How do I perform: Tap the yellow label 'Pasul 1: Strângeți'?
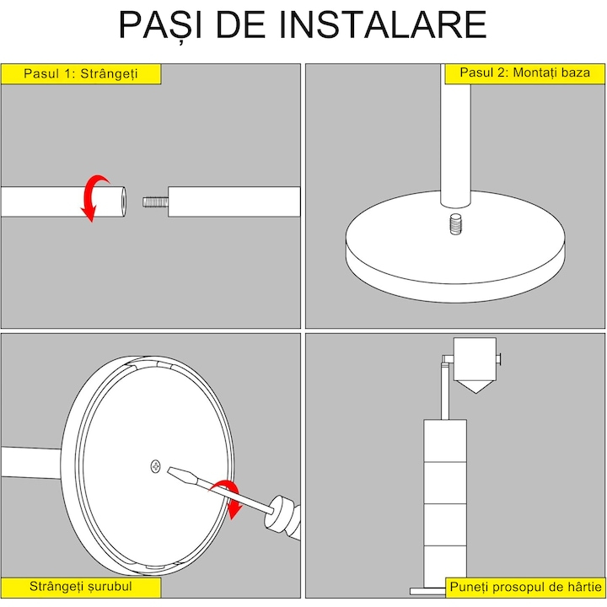[x=81, y=73]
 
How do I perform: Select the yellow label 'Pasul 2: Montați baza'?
[x=524, y=73]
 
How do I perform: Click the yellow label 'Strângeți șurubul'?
[x=81, y=587]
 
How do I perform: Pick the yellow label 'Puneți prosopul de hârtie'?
[x=525, y=588]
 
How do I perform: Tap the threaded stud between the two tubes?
[x=155, y=201]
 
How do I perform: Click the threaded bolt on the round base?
[x=455, y=224]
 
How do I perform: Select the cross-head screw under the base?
[x=156, y=466]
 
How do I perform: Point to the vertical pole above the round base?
[x=455, y=136]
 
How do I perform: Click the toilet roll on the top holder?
[x=475, y=359]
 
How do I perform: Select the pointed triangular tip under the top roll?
[x=475, y=387]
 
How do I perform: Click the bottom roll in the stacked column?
[x=445, y=566]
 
